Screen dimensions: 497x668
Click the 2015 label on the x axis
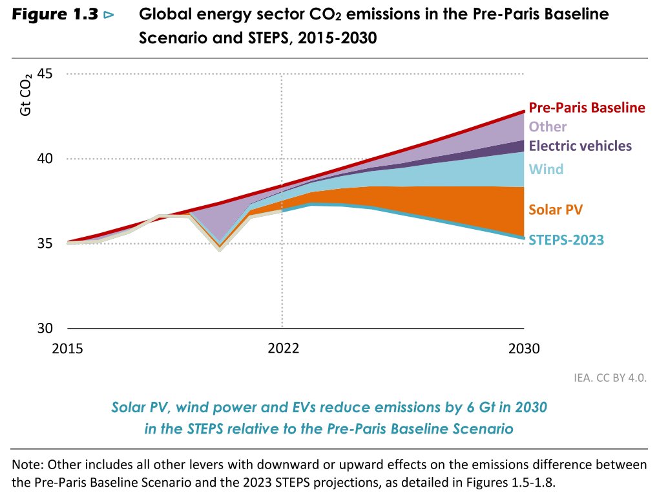(x=67, y=348)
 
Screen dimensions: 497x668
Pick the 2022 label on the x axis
(x=283, y=348)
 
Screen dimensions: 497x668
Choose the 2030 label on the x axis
(x=523, y=348)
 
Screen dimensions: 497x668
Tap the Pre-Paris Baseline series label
(x=587, y=107)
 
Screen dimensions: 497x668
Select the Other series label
(x=547, y=127)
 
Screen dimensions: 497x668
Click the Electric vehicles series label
(x=580, y=146)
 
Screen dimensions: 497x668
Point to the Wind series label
(x=546, y=170)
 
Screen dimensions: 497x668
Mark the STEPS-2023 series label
(x=566, y=240)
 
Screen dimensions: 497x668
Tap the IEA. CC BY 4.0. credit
(x=610, y=377)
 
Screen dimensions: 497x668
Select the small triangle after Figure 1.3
(x=108, y=14)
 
